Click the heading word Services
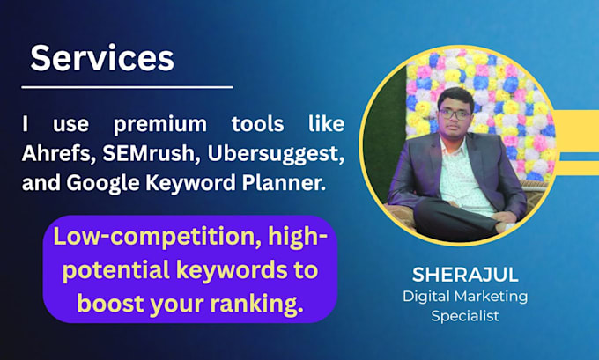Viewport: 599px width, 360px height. pos(102,58)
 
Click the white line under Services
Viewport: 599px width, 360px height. pos(127,87)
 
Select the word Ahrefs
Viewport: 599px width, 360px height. pos(58,153)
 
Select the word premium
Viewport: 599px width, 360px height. pos(160,125)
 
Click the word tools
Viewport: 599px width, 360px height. pos(258,124)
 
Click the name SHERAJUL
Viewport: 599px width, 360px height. pos(465,275)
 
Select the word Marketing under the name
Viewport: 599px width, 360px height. pos(492,297)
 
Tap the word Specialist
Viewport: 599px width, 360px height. pos(465,316)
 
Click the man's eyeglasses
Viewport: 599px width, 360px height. pos(455,114)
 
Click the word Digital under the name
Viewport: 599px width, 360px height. pos(426,297)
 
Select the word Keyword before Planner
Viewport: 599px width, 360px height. pos(190,184)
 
